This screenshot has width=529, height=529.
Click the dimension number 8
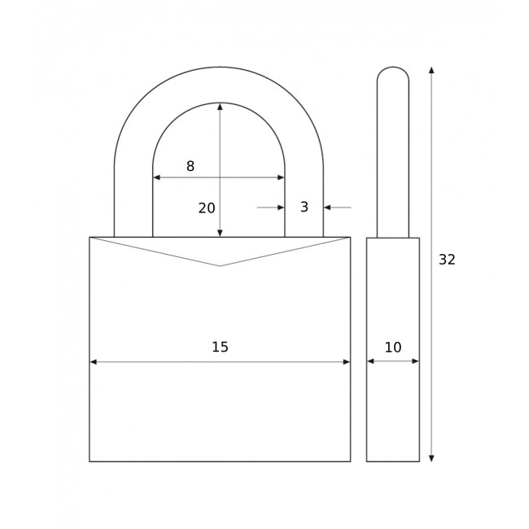190,166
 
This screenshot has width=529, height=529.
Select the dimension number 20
207,208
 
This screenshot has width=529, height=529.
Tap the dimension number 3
304,208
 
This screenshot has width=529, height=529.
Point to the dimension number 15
220,347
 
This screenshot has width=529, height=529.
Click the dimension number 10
393,348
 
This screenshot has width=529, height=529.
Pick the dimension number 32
447,260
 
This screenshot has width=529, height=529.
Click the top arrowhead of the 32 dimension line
431,71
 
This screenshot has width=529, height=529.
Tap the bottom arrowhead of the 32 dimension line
431,458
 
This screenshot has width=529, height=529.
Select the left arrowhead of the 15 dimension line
94,361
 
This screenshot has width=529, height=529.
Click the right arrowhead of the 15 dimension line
346,361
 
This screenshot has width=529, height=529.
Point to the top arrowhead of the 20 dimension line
220,107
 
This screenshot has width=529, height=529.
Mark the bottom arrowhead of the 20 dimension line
220,233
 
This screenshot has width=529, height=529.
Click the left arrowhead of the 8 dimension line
157,177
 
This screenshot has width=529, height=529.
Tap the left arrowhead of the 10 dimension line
370,361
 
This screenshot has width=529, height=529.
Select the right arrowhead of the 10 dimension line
415,361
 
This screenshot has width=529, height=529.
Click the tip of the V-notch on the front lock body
220,266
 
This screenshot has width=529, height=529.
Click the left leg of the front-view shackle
133,203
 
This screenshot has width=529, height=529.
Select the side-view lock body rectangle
393,407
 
